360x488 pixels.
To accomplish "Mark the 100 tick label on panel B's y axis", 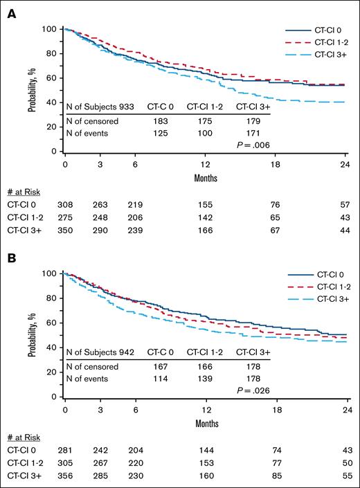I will pos(49,273).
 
